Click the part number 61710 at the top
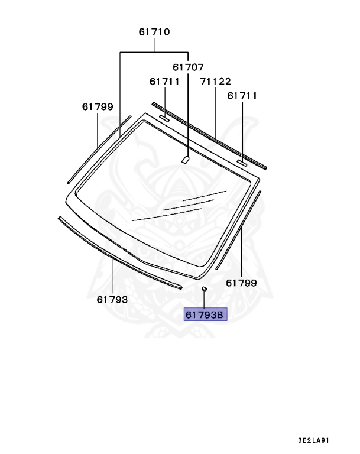(x=154, y=32)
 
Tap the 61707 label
(x=188, y=68)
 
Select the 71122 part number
(x=215, y=82)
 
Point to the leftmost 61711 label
(x=164, y=82)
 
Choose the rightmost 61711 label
(x=242, y=95)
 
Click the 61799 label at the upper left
(x=97, y=106)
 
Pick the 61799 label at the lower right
(x=241, y=283)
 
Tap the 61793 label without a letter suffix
(x=112, y=299)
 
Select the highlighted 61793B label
(x=205, y=315)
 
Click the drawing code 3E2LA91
(x=313, y=440)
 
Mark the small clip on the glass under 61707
(x=185, y=158)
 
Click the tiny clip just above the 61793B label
(x=204, y=288)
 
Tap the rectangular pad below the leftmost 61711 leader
(x=164, y=119)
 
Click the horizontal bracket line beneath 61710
(x=154, y=52)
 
